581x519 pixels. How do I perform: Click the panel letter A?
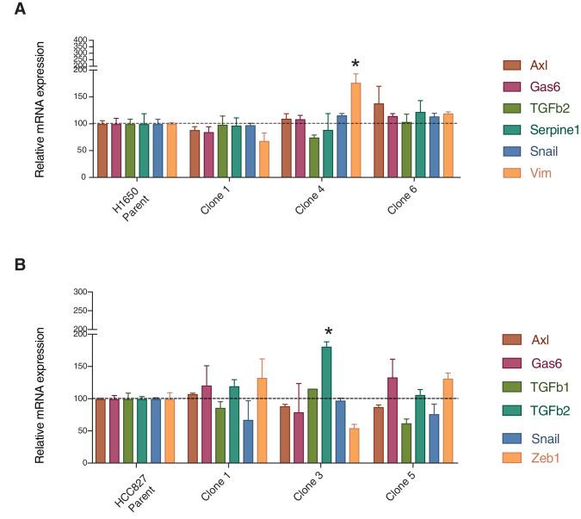(x=11, y=11)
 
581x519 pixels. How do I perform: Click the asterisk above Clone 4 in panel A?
(x=354, y=65)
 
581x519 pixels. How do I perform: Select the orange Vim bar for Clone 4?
(x=355, y=130)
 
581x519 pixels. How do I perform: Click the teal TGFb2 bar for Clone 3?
(x=326, y=405)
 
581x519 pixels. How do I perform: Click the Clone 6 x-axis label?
(x=398, y=197)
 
